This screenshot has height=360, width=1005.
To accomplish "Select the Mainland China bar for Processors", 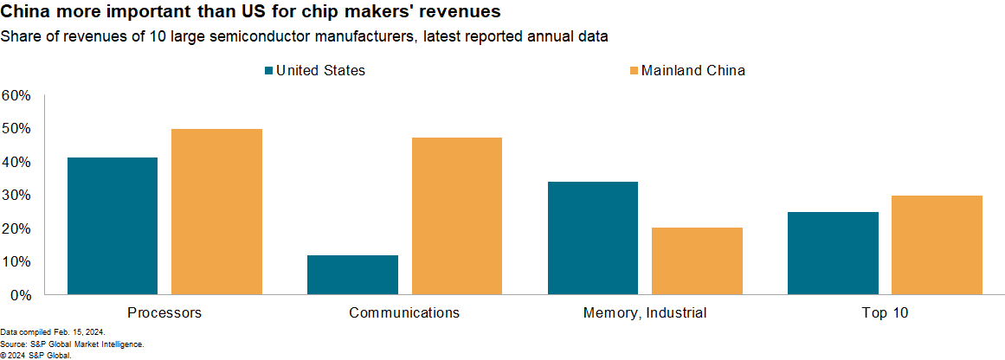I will click(216, 212).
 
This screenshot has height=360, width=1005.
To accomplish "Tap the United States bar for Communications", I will click(352, 274).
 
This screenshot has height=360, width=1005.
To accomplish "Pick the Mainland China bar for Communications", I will click(456, 216).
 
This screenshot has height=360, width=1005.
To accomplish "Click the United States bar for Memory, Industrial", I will click(592, 238).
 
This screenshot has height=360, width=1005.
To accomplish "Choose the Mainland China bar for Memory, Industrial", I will click(697, 260).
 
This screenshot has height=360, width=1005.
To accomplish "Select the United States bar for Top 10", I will click(833, 253).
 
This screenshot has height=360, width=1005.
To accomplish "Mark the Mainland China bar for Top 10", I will click(937, 245).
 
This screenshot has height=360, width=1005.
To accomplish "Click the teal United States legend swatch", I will click(268, 70).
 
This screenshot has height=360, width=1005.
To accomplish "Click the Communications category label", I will click(404, 312).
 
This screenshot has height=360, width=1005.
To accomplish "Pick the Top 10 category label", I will click(885, 312).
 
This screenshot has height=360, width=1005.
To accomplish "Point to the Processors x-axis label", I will click(164, 312).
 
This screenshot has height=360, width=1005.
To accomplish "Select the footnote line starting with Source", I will click(60, 344).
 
